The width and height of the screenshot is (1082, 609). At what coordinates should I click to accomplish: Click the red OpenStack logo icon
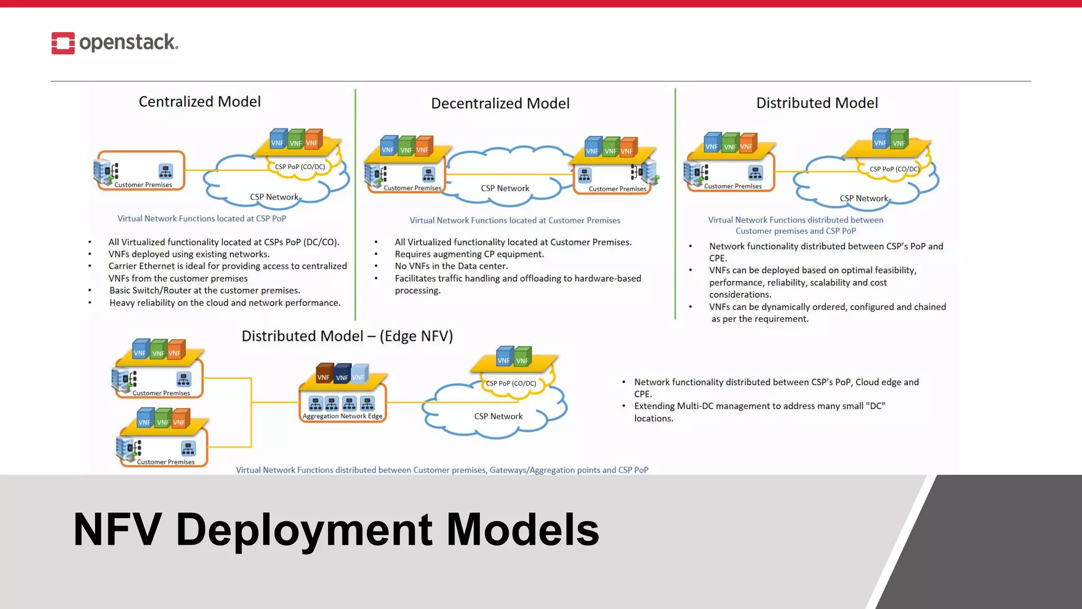coord(63,43)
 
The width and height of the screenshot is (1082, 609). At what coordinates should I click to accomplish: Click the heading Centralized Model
coord(199,101)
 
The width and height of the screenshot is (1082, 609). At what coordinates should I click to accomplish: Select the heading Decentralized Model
coord(500,103)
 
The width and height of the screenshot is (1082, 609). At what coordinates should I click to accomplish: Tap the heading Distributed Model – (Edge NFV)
coord(347,336)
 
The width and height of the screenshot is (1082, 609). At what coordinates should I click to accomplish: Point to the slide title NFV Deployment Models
coord(336,529)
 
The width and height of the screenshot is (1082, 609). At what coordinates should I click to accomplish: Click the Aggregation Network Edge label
coord(342,416)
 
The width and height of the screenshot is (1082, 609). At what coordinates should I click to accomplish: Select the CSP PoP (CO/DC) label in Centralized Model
coord(300,167)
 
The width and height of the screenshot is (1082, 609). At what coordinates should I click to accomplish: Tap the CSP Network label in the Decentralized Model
coord(505,188)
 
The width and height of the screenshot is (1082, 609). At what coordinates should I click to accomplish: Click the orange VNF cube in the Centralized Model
coord(313,140)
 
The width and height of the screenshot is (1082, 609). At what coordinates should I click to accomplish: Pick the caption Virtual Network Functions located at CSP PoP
coord(201,218)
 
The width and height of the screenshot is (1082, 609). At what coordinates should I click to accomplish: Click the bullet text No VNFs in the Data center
coord(451,266)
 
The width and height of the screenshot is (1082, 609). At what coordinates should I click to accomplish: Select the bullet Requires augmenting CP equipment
coord(469,254)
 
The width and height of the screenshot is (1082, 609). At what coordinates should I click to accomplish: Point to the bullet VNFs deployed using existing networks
coord(189,254)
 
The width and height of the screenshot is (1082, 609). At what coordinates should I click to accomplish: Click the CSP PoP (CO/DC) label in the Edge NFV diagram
coord(510,383)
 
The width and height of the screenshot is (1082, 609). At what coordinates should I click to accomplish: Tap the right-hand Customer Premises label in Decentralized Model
coord(617,189)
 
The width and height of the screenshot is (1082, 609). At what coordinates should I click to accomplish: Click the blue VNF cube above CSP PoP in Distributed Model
coord(881,140)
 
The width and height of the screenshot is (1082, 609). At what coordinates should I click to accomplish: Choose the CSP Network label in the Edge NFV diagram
coord(498,416)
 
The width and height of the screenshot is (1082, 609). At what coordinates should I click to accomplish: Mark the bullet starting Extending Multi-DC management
coord(759,412)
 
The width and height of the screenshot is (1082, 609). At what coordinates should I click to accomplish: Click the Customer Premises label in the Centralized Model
coord(143,184)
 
